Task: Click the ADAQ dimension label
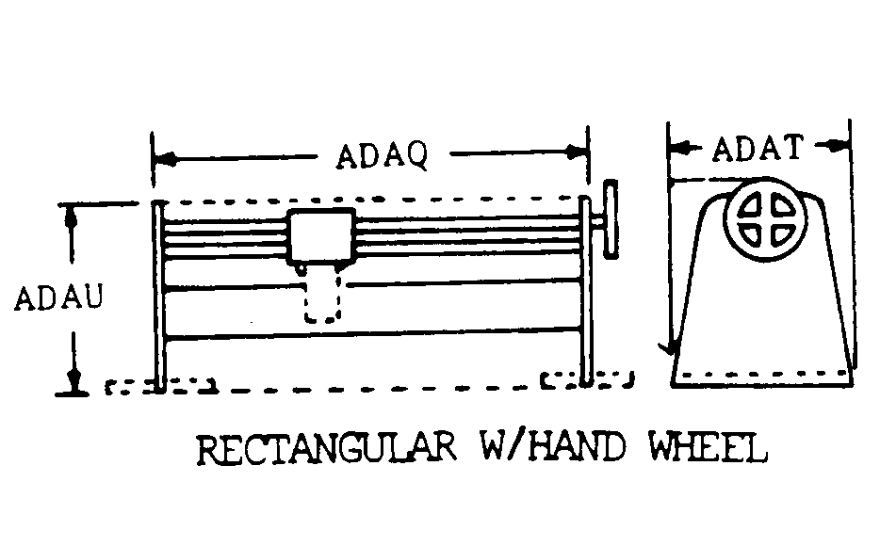coord(382,155)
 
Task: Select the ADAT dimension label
coord(758,148)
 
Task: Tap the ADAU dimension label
coord(59,297)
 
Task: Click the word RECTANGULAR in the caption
coord(327,448)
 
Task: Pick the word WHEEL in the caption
coord(709,447)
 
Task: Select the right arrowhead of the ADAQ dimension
coord(577,152)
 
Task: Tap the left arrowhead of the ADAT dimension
coord(680,149)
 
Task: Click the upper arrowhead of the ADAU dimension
coord(71,218)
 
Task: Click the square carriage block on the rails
coord(321,236)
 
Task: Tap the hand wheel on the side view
coord(611,218)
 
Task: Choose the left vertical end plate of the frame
coord(159,296)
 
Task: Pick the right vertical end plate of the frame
coord(586,291)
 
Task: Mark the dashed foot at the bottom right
coord(587,379)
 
